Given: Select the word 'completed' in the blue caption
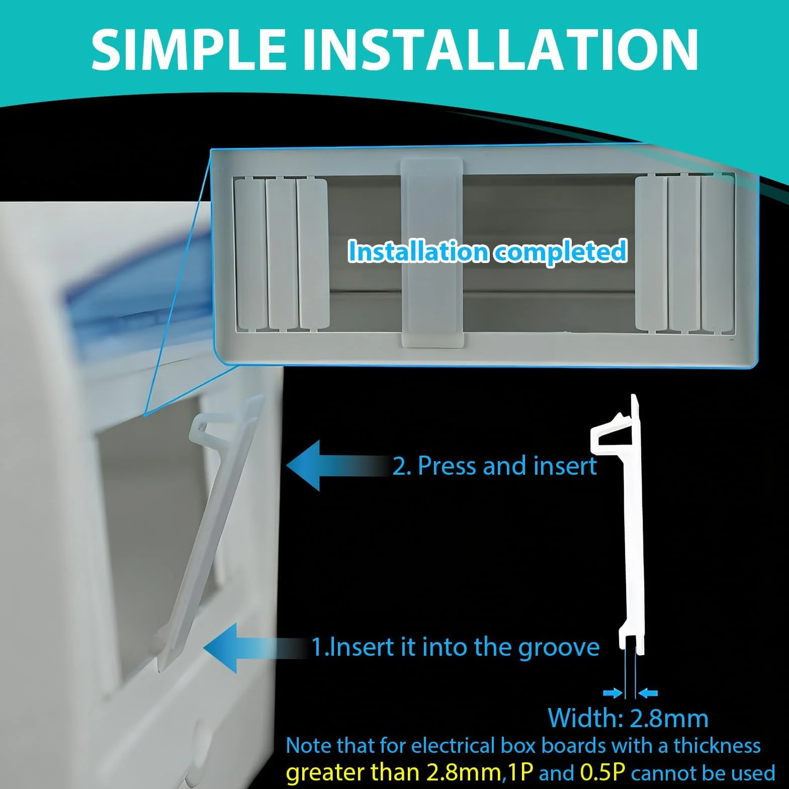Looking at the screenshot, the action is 560,251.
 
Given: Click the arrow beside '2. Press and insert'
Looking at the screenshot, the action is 340,466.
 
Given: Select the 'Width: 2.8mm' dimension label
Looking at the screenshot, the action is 628,718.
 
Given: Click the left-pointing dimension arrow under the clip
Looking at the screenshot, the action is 648,693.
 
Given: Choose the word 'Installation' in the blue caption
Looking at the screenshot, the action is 418,251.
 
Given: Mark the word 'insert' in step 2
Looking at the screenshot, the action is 565,466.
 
